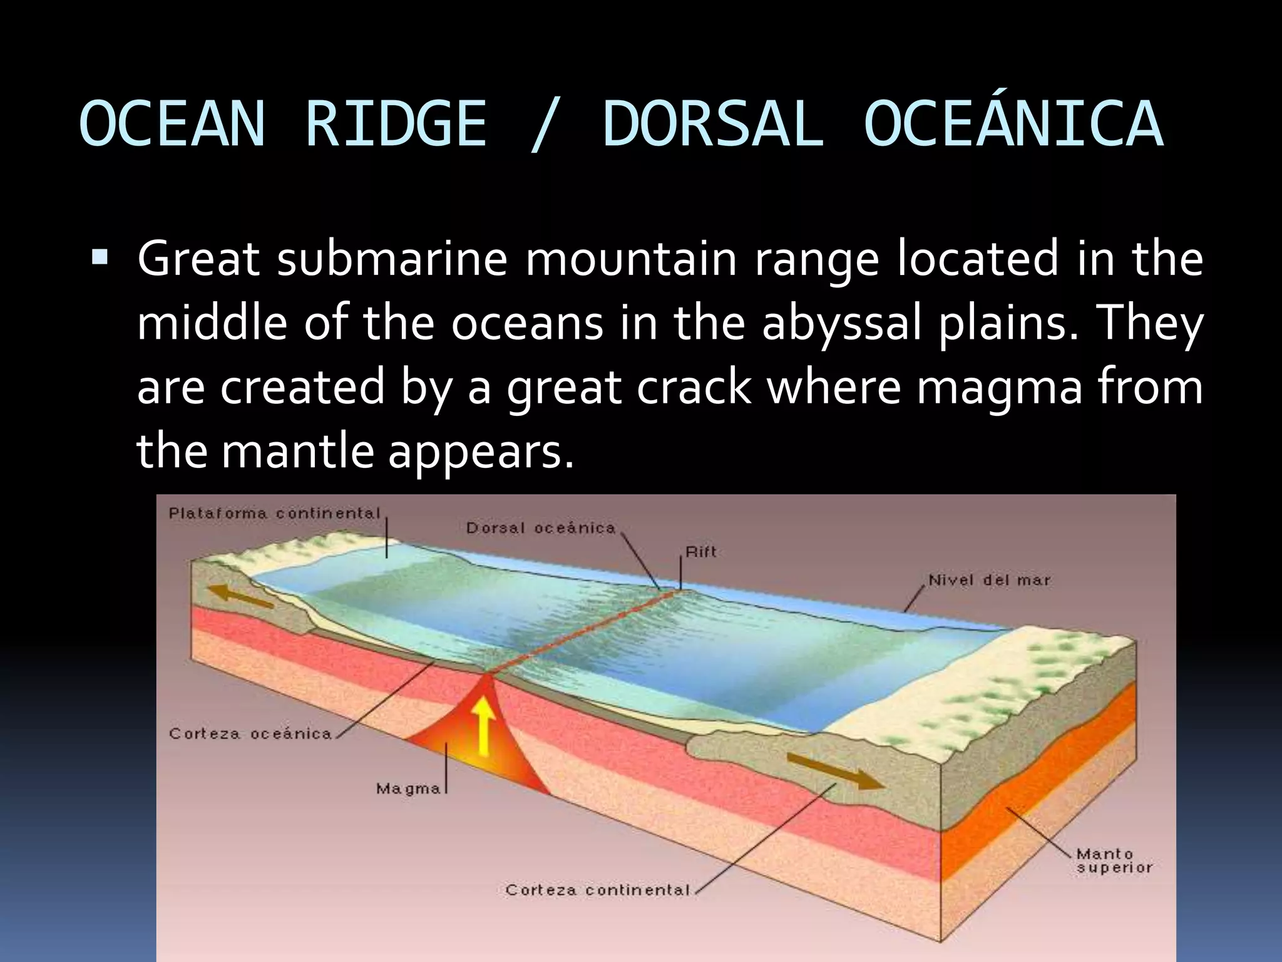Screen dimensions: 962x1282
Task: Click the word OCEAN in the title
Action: [173, 124]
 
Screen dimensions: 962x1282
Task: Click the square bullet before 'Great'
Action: [100, 257]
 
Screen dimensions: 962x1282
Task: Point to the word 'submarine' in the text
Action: [392, 259]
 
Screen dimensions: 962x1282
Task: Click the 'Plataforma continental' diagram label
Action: [275, 514]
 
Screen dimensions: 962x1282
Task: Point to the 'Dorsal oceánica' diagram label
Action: [541, 528]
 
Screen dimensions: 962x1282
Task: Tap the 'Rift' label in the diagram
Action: [700, 552]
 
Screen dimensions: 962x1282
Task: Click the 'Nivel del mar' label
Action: [989, 581]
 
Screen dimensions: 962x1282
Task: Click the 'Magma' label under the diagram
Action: [408, 789]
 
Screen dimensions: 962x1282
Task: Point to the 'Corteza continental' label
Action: [598, 890]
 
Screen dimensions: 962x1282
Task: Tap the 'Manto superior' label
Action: [1114, 861]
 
